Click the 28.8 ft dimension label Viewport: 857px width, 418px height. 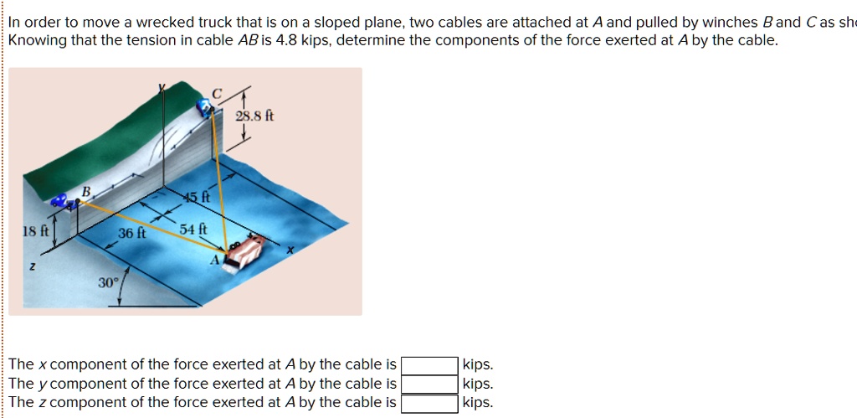point(254,116)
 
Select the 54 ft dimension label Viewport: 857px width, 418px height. point(188,229)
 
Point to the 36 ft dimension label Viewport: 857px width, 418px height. point(131,234)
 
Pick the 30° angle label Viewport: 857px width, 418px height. point(108,283)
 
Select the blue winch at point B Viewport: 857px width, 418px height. point(60,201)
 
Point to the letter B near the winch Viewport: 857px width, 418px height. point(85,192)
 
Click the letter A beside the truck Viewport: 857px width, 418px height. point(214,260)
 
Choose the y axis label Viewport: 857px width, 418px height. point(164,86)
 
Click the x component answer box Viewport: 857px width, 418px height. point(429,365)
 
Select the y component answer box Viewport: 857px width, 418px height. point(429,384)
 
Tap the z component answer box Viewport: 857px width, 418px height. point(429,403)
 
